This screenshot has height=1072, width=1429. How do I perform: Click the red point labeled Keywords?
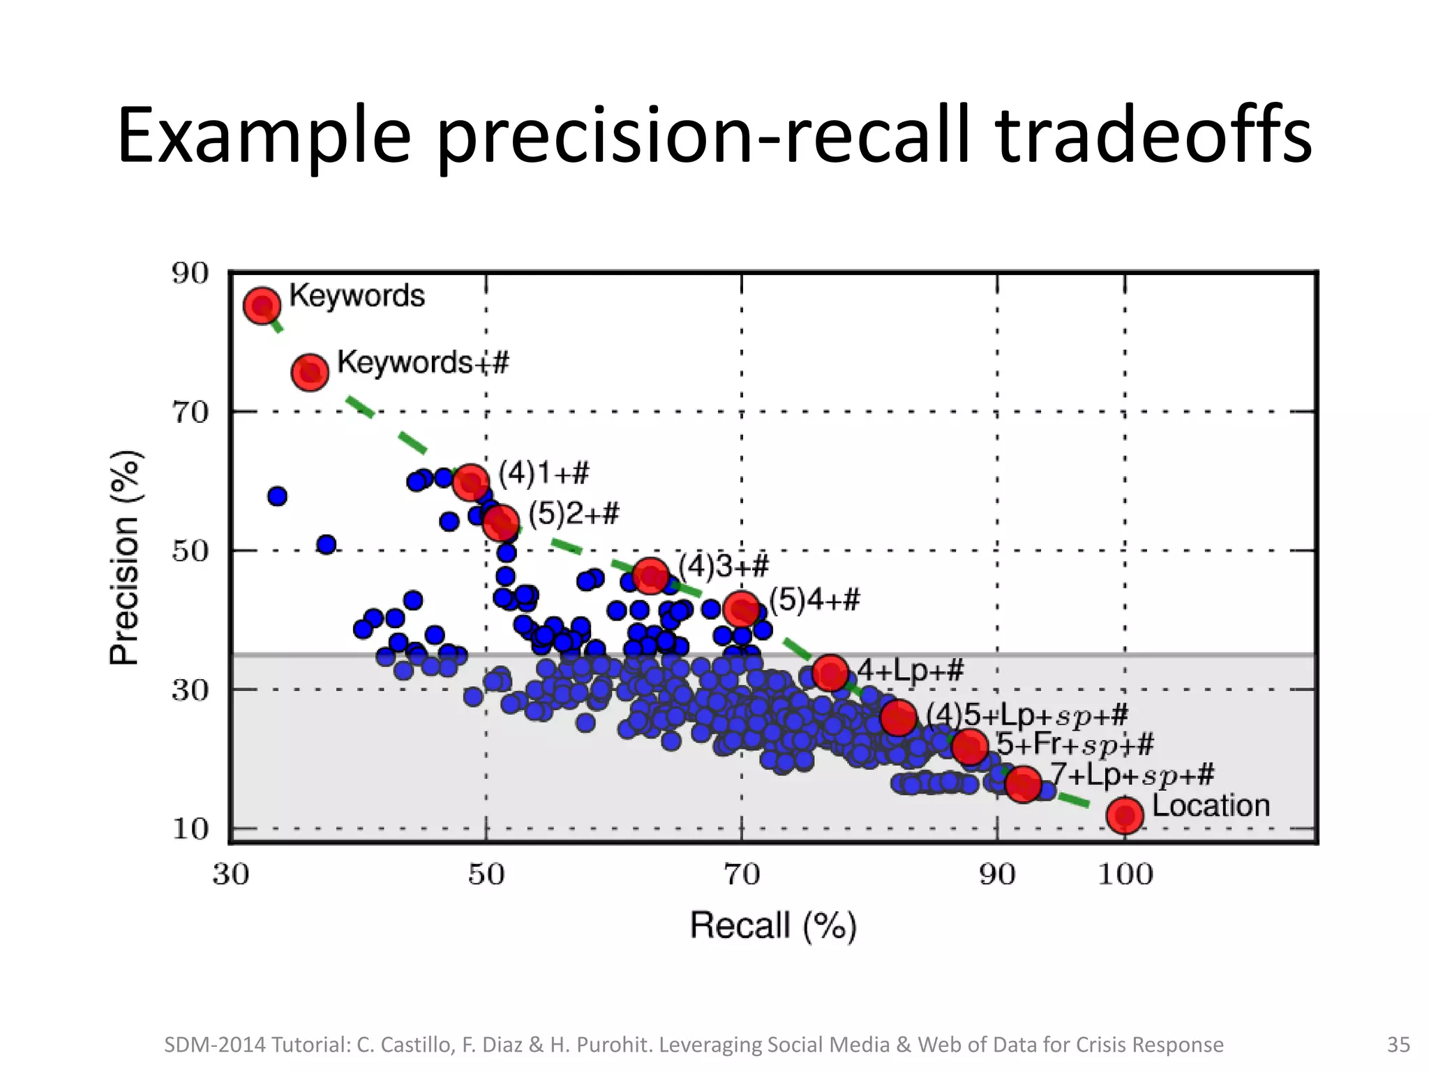click(262, 306)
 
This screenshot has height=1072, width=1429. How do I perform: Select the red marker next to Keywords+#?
click(310, 372)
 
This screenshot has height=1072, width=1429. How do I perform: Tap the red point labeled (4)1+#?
click(471, 482)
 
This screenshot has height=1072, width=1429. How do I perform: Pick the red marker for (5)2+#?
click(501, 523)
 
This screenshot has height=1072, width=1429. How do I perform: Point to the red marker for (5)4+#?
click(742, 610)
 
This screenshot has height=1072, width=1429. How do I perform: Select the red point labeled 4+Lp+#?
click(830, 673)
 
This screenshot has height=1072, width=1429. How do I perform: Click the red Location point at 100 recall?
click(1125, 815)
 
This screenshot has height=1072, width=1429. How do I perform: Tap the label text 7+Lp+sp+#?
click(1132, 775)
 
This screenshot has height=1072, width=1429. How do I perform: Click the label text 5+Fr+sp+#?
click(1075, 744)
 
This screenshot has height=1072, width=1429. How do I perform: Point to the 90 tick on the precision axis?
click(190, 274)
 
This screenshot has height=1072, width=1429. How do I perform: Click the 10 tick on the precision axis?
click(190, 829)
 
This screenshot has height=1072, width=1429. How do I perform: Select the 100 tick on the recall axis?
click(1125, 874)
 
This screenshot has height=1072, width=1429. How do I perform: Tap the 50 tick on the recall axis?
click(486, 874)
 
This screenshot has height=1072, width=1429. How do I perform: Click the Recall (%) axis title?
click(773, 926)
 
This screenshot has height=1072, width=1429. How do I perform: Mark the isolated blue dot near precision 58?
click(277, 496)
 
